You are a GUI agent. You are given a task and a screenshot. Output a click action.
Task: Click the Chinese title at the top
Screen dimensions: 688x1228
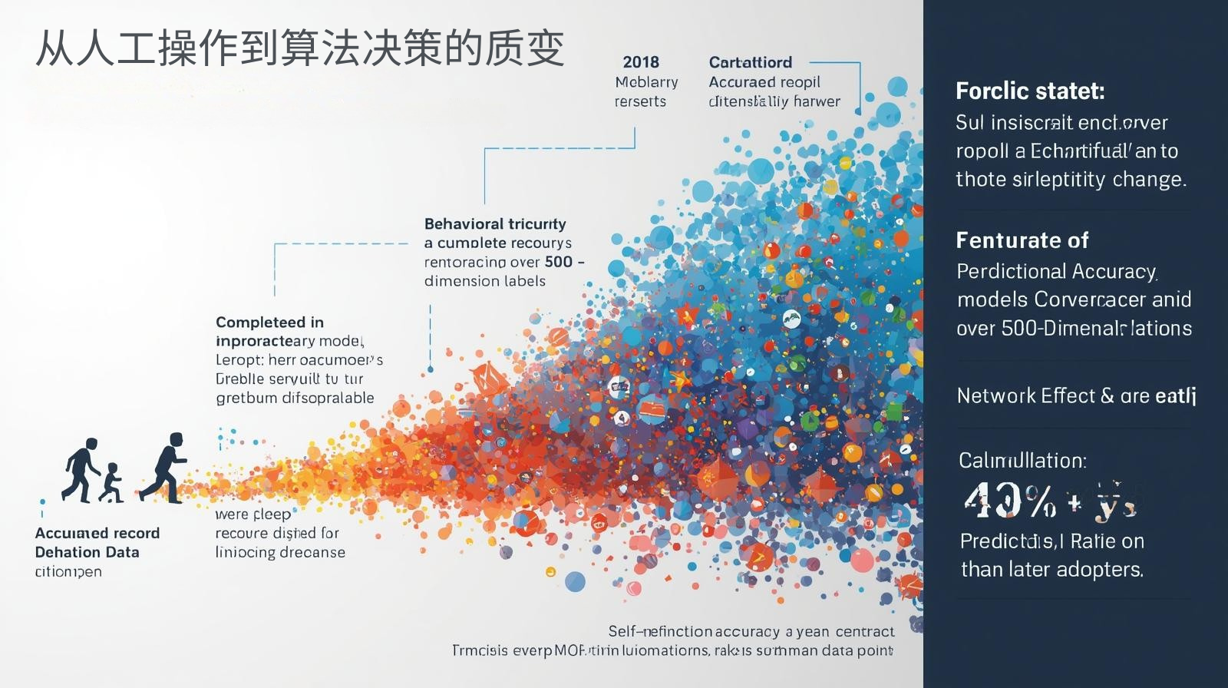[299, 48]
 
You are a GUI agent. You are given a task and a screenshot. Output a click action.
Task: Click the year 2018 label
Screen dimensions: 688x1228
[641, 62]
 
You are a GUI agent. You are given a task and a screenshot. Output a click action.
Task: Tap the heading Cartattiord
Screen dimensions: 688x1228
[750, 62]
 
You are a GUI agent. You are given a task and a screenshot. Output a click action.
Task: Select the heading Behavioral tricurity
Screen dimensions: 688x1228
[495, 224]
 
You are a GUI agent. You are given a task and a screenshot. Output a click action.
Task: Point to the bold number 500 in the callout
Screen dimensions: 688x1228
[559, 262]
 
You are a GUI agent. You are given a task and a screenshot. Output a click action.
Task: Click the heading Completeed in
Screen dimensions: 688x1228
[269, 322]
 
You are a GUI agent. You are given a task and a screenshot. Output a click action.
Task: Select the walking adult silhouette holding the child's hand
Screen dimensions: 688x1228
[81, 469]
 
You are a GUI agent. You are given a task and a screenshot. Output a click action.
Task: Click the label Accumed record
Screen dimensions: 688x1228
[97, 533]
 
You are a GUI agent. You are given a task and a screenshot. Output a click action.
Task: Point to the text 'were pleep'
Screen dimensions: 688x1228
[253, 514]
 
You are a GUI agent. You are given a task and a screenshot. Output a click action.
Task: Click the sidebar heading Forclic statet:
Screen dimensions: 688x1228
[1030, 91]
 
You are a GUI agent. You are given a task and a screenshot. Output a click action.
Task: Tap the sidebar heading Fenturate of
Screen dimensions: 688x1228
[1022, 240]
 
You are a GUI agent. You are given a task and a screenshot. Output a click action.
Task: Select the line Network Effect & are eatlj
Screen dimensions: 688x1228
[1076, 396]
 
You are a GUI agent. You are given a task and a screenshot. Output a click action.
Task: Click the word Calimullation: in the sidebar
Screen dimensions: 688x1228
[1022, 461]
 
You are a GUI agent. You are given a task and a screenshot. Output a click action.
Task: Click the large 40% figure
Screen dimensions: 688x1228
[1010, 501]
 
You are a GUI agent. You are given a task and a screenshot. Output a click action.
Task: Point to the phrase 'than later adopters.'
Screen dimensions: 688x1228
[1052, 570]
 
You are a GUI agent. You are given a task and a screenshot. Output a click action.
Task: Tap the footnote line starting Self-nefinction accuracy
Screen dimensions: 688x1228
[751, 632]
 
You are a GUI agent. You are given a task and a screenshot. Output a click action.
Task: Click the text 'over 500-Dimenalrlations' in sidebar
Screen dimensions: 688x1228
[1074, 329]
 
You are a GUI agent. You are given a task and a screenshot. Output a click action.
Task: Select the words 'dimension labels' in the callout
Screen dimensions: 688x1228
[485, 281]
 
